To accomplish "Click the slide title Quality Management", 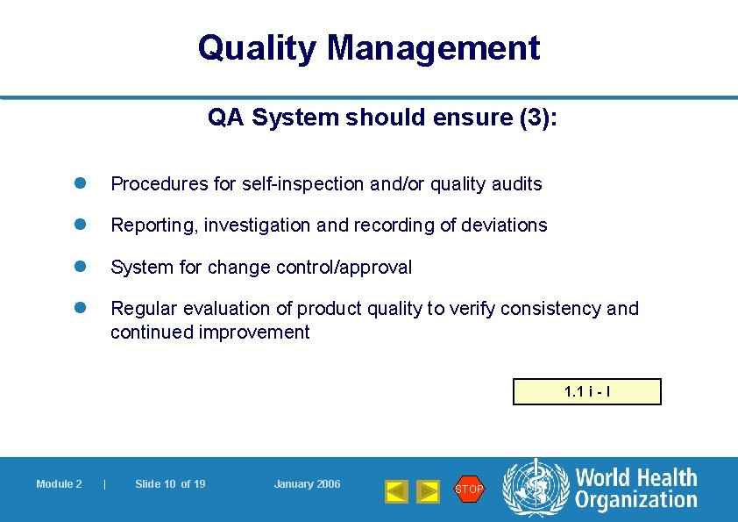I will pyautogui.click(x=369, y=48).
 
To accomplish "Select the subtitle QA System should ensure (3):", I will pyautogui.click(x=382, y=118).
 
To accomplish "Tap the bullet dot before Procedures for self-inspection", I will pyautogui.click(x=77, y=183).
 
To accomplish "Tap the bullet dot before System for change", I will pyautogui.click(x=77, y=267).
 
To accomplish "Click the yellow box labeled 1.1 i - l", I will pyautogui.click(x=586, y=391).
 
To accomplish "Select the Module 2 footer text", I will pyautogui.click(x=59, y=484).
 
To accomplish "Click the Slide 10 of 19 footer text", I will pyautogui.click(x=170, y=484).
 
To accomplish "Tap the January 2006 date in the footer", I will pyautogui.click(x=307, y=484).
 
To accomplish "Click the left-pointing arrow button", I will pyautogui.click(x=397, y=491).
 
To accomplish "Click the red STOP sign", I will pyautogui.click(x=469, y=489).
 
